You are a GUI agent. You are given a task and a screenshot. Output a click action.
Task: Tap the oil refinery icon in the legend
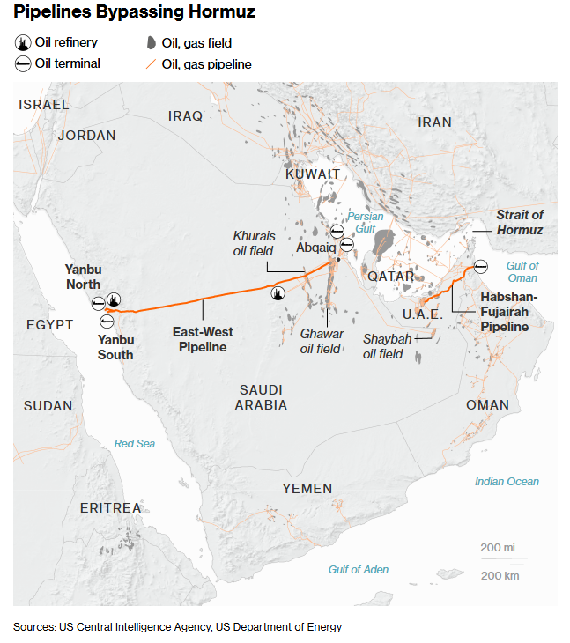[x=22, y=42]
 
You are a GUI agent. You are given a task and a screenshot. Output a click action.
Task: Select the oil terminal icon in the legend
[x=22, y=63]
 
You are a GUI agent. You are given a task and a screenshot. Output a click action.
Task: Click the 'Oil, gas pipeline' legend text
[x=206, y=64]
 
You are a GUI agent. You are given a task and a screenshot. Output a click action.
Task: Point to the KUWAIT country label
[x=313, y=174]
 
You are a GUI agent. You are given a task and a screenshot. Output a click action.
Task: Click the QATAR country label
[x=390, y=276]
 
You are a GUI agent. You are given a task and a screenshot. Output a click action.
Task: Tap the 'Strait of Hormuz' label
[x=520, y=222]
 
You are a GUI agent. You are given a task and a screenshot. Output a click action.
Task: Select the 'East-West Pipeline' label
[x=203, y=340]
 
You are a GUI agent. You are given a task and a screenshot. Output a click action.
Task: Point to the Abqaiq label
[x=315, y=248]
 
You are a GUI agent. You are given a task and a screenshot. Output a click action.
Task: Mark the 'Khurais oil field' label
[x=254, y=243]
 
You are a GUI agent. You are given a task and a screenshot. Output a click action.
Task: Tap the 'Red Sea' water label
[x=135, y=444]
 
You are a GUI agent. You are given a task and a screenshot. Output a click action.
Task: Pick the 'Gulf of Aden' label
[x=358, y=569]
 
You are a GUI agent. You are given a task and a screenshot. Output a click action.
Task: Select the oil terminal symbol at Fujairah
[x=479, y=266]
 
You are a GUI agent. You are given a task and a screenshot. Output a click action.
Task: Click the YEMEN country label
[x=307, y=488]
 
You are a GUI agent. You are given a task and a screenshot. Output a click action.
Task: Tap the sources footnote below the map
[x=177, y=627]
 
